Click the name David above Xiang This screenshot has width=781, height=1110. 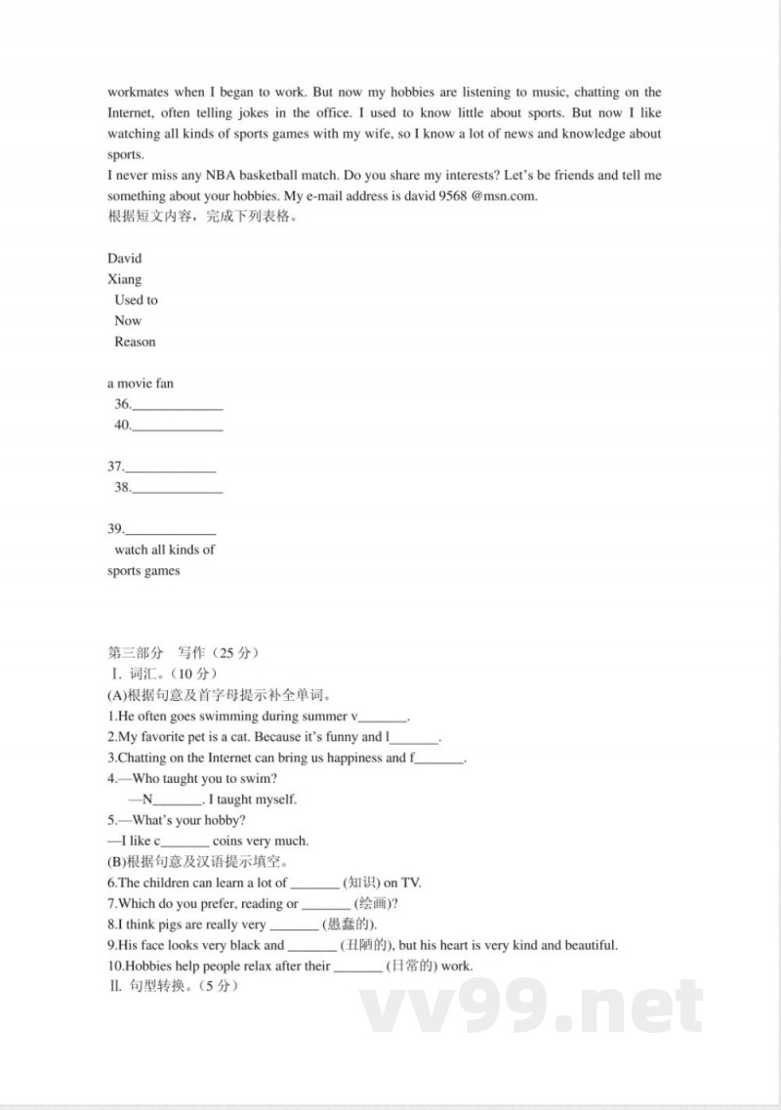124,259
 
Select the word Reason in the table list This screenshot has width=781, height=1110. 135,342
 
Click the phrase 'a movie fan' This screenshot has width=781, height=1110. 141,384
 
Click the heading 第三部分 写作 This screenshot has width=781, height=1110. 183,653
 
